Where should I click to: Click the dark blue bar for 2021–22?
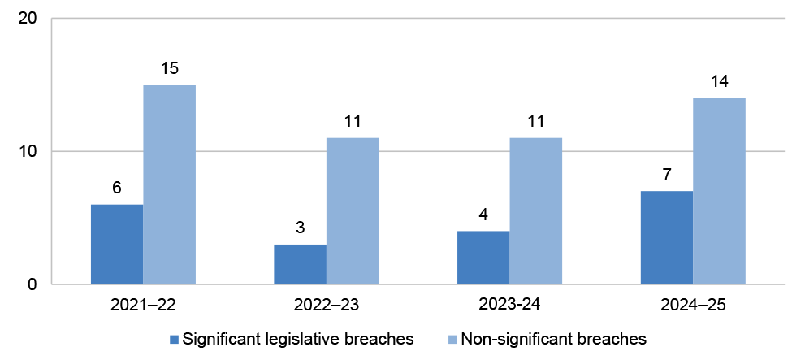(x=117, y=245)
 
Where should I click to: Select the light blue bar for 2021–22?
(x=170, y=184)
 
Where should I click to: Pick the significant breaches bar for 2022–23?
(x=301, y=264)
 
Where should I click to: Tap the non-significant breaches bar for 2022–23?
(x=353, y=211)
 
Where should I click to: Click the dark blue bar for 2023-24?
(x=483, y=258)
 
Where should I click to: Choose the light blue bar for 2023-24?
(x=536, y=211)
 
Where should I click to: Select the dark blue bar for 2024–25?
(x=667, y=238)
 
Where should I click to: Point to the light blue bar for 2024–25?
(x=720, y=191)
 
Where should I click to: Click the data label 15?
(x=170, y=71)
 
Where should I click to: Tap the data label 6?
(x=117, y=190)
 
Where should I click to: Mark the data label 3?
(x=301, y=230)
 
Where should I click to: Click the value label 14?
(x=720, y=84)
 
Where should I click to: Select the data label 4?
(x=483, y=217)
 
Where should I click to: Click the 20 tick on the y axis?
(x=30, y=19)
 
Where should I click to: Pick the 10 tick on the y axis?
(x=30, y=152)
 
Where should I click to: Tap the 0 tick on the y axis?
(x=34, y=284)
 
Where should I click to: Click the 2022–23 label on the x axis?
(x=327, y=307)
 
